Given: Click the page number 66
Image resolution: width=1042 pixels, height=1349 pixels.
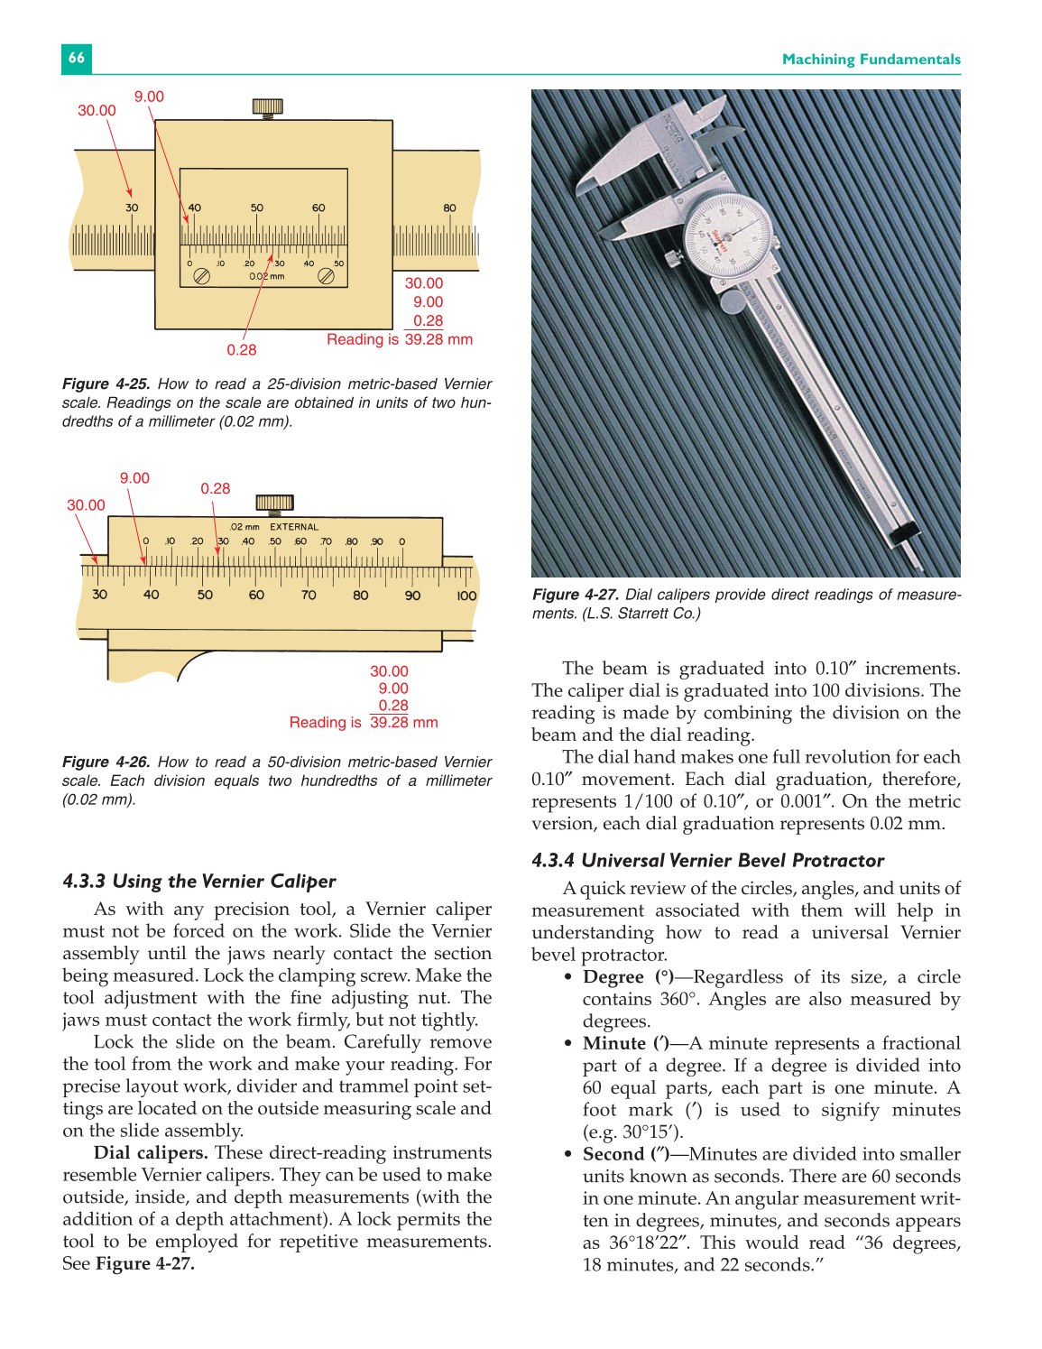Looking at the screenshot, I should (77, 58).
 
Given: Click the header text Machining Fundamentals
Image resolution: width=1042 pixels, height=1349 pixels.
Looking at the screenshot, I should (871, 60).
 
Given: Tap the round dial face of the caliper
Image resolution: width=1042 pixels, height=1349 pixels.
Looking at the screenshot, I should (728, 238).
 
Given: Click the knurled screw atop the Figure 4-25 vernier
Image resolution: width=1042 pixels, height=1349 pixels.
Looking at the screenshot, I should (267, 107).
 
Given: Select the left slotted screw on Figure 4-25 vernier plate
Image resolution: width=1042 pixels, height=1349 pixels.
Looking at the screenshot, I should (202, 277).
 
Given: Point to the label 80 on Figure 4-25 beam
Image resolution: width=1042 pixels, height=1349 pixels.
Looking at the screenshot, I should (449, 208).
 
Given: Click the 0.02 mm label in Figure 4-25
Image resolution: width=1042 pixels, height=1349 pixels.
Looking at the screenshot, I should (267, 277).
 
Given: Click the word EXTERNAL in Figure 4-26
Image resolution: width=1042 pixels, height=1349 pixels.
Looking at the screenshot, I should (294, 527).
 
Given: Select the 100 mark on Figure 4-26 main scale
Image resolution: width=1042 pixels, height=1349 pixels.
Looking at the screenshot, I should (466, 596).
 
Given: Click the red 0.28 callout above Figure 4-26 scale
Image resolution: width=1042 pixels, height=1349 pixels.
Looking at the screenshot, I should (216, 488).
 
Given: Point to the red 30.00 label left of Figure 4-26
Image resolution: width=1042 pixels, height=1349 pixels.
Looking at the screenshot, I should (86, 505).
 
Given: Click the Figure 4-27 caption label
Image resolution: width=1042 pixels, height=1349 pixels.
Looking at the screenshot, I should (576, 595).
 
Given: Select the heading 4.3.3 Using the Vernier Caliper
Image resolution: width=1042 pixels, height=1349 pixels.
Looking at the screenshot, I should (199, 882).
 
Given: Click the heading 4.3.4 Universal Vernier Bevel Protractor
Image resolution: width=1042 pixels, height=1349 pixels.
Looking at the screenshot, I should (707, 861).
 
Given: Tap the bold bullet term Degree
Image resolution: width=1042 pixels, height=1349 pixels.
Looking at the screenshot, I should (613, 977).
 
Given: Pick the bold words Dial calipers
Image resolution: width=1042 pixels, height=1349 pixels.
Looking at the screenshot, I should (151, 1153).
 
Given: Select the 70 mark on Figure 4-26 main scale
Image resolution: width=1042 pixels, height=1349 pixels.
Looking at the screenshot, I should (309, 596).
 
